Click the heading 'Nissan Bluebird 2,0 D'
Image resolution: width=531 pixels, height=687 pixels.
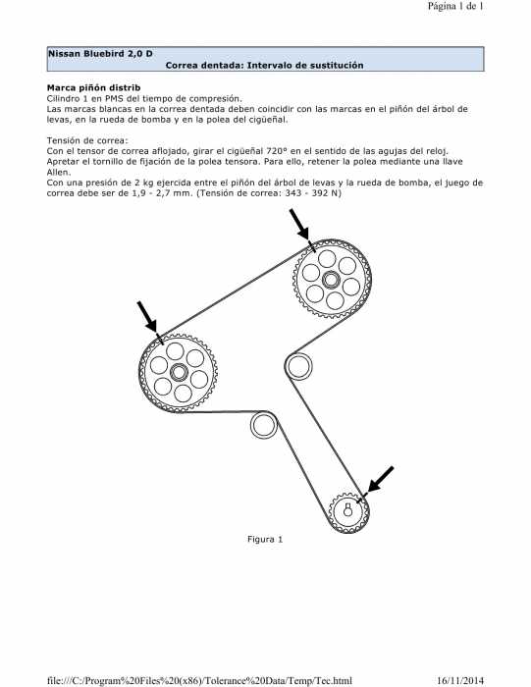click(x=100, y=53)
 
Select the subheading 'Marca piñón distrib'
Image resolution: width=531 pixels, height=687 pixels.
click(x=94, y=87)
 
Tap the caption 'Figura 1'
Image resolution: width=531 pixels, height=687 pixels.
click(x=265, y=540)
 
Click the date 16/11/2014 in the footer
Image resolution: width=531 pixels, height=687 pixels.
click(x=460, y=680)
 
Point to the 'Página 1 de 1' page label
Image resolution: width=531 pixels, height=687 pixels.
click(x=455, y=6)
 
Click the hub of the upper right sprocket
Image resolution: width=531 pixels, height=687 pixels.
click(x=331, y=279)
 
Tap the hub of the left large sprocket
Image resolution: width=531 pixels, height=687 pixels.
click(x=179, y=373)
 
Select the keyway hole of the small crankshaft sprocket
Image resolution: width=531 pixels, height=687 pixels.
click(x=347, y=510)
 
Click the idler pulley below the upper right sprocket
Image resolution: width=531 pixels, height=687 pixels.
click(x=298, y=366)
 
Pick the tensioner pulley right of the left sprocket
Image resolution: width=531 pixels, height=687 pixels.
click(x=263, y=425)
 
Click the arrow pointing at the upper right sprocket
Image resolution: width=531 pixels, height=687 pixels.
click(x=299, y=225)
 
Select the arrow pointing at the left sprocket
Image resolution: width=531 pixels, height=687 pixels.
click(x=147, y=316)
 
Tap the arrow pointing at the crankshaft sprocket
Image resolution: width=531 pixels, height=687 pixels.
click(x=380, y=479)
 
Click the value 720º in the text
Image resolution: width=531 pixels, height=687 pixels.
click(x=276, y=151)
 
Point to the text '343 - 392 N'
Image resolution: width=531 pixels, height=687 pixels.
click(x=313, y=193)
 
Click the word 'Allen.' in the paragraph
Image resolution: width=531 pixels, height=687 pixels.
click(x=58, y=172)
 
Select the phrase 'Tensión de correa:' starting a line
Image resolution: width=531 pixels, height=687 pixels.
click(x=87, y=140)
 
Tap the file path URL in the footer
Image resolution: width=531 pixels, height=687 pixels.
click(x=199, y=680)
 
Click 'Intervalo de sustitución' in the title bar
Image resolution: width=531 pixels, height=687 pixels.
click(x=306, y=66)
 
